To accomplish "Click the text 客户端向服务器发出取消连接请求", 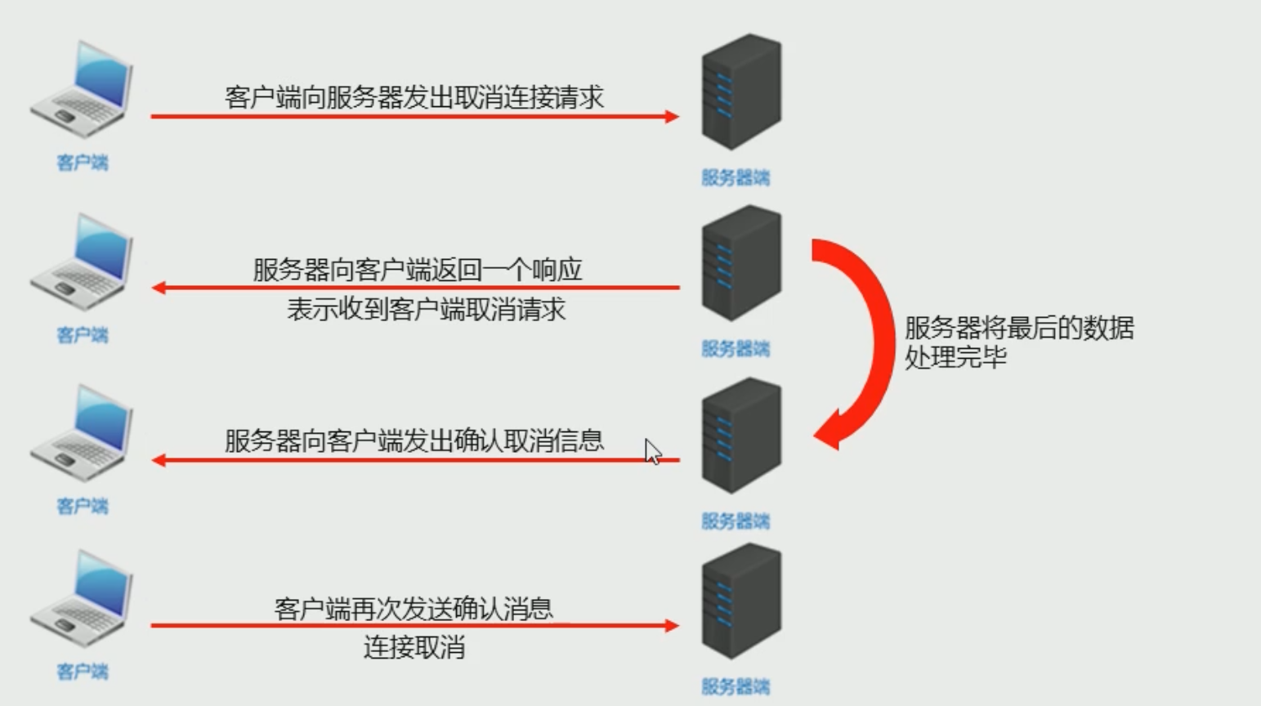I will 414,97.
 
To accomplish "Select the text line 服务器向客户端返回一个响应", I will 417,269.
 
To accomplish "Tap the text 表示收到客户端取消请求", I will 426,310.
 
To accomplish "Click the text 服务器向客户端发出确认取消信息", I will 414,440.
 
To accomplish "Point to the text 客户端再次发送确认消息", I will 414,609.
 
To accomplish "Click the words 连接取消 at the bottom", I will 414,648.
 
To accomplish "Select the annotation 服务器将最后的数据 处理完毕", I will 1018,342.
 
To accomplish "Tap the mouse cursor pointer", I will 652,451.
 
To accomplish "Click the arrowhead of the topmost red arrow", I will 672,116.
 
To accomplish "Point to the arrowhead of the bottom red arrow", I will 672,626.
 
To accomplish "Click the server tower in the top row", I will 741,92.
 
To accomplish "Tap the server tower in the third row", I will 741,435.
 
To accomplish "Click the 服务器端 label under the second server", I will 736,349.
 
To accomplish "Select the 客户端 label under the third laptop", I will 82,506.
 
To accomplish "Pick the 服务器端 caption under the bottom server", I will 736,686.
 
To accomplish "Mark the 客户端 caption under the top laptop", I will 82,162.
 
